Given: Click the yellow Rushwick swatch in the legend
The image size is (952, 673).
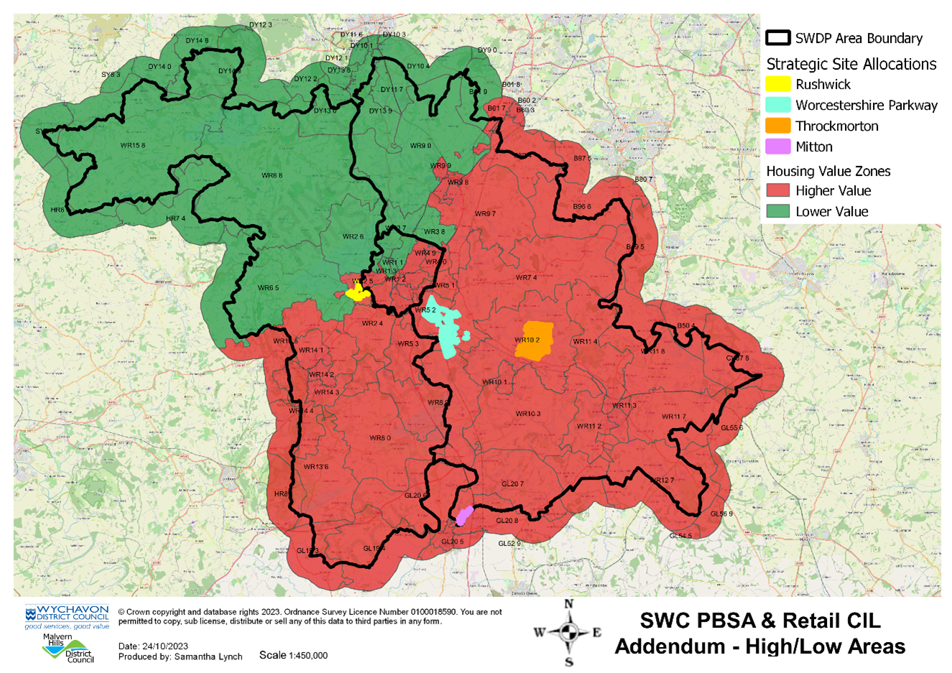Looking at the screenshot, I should (778, 84).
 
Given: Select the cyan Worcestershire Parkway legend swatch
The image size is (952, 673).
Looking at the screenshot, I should (778, 105).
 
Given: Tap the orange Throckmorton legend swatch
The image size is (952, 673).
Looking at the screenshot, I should (778, 126).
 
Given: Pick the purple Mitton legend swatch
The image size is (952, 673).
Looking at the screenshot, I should (778, 147).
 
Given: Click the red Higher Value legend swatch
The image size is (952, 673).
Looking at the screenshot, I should (778, 190).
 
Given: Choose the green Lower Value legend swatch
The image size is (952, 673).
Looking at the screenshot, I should (778, 211).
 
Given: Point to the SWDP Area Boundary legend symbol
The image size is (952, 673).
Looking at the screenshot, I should (778, 38).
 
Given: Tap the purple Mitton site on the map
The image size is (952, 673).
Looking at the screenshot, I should (463, 515).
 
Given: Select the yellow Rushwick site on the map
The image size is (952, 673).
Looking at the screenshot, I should (357, 293).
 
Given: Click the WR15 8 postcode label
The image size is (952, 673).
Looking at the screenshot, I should (132, 146).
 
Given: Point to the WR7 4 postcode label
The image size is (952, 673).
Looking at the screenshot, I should (526, 278).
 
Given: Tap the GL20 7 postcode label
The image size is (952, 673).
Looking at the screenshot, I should (512, 484).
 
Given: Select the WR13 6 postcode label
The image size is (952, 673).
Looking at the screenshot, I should (316, 467).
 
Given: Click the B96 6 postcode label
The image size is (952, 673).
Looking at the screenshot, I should (582, 207).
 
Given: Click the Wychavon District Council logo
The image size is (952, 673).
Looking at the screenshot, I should (67, 616).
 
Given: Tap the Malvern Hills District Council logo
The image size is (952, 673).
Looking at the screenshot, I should (68, 648).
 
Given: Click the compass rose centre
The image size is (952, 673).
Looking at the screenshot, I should (568, 633).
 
